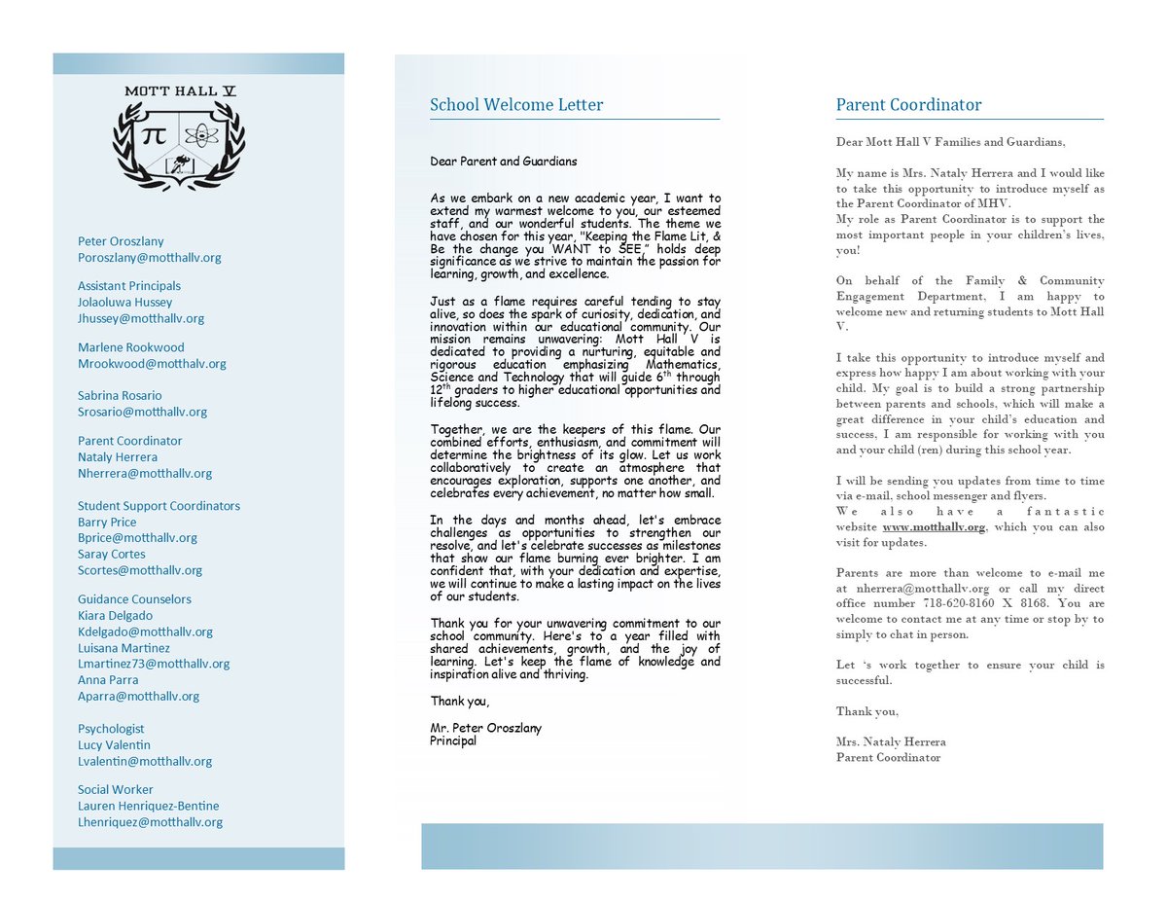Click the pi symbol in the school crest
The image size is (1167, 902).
tap(154, 137)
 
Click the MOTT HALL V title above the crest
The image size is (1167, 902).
tap(180, 91)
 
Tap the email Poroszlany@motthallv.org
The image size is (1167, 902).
tap(150, 258)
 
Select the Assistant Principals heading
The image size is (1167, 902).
tap(129, 286)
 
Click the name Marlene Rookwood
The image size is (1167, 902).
tap(131, 347)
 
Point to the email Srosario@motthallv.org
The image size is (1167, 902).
tap(143, 412)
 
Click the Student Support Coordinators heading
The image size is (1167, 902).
tap(159, 506)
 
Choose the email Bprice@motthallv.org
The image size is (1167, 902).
tap(137, 538)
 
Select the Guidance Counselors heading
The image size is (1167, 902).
tap(134, 599)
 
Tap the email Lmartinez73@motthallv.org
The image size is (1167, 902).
tap(154, 664)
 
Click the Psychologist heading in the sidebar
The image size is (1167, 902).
tap(111, 729)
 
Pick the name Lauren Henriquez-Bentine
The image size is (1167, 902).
tap(149, 806)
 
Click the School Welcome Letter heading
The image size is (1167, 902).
tap(516, 105)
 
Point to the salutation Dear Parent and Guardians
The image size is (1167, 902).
tap(504, 162)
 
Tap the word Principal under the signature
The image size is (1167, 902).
tap(453, 740)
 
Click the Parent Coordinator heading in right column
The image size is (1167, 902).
tap(908, 105)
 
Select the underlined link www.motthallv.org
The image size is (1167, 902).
tap(934, 527)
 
